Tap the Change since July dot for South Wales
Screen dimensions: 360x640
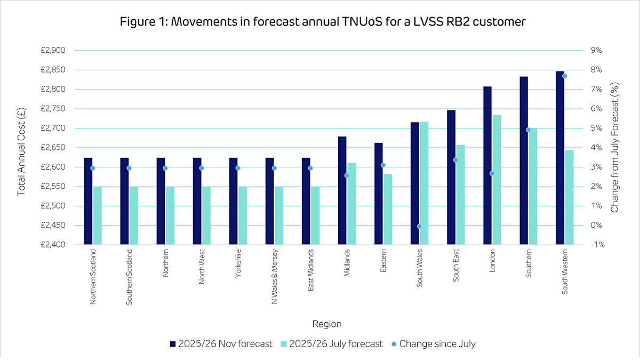[419, 226]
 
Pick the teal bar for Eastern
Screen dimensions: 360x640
[388, 209]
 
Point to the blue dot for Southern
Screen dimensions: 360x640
[528, 130]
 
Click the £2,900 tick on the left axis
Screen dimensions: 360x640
[53, 51]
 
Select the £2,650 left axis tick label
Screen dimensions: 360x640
[53, 148]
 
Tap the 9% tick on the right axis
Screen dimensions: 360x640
[596, 51]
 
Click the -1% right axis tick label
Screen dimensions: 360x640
[596, 245]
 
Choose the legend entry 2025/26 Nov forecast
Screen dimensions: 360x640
[221, 344]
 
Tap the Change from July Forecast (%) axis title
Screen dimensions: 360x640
[614, 148]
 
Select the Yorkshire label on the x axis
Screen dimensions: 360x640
[238, 261]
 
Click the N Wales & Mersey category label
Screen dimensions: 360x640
[274, 275]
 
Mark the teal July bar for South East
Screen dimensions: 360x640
[460, 195]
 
